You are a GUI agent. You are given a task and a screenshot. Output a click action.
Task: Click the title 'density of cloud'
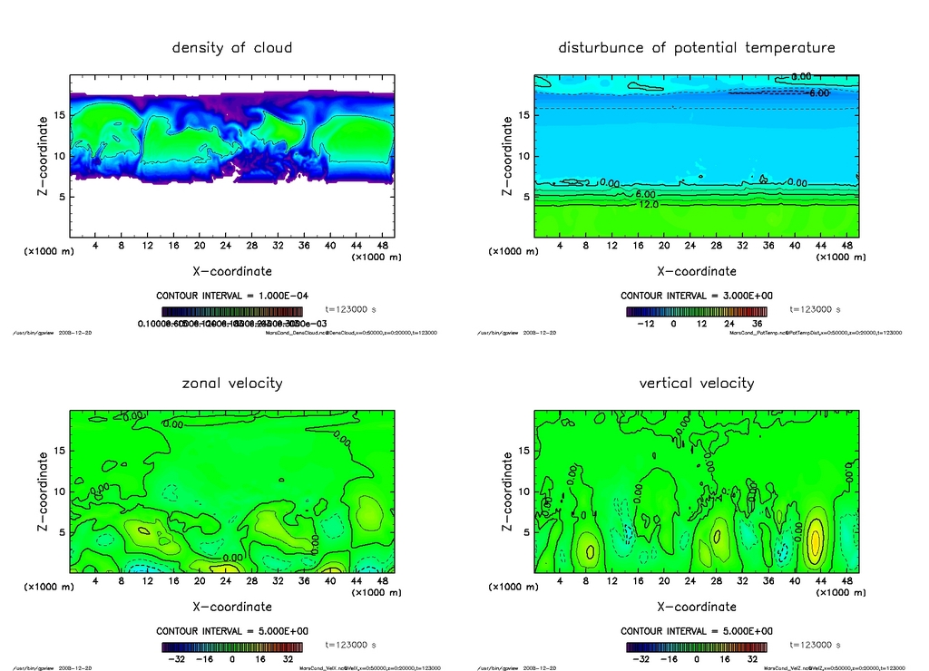click(x=232, y=47)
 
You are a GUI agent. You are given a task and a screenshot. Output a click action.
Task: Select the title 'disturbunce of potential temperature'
click(x=697, y=47)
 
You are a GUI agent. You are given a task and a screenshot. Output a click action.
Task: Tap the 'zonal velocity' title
click(x=232, y=383)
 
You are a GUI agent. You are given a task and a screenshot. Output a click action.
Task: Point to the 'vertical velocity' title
click(x=697, y=383)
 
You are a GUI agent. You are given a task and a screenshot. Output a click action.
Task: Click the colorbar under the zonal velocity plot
click(x=232, y=647)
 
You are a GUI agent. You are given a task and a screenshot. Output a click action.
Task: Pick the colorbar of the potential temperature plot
click(x=697, y=311)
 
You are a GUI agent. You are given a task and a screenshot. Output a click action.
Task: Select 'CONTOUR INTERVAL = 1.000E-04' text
click(x=232, y=297)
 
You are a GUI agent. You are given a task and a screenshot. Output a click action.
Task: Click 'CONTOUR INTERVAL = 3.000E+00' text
click(x=697, y=297)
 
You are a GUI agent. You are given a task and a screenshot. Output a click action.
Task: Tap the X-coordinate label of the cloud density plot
click(x=232, y=271)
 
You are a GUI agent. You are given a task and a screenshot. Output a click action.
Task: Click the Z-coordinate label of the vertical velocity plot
click(x=507, y=491)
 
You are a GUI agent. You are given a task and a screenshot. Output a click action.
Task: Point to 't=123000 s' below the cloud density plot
click(x=350, y=309)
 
